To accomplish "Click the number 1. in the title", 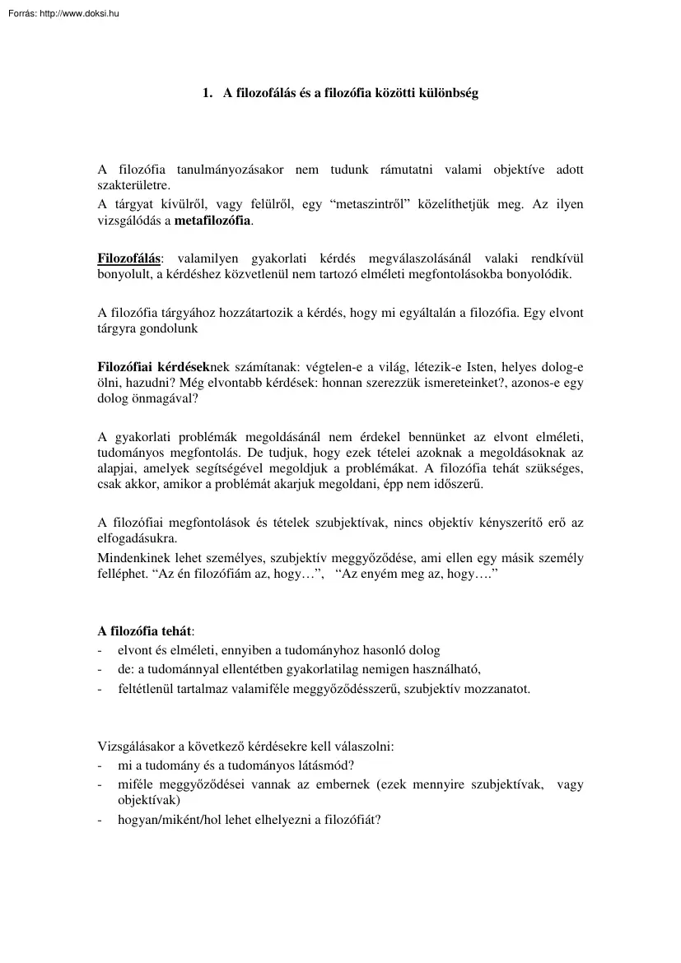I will (x=208, y=94).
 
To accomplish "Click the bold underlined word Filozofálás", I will (x=129, y=258).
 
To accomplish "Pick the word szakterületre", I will (x=133, y=186).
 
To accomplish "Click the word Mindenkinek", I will (x=131, y=558).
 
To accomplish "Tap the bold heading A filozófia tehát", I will (x=144, y=632).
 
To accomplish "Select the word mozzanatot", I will (x=494, y=688).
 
